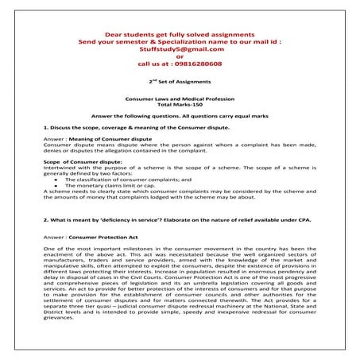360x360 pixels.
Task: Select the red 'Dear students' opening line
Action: click(180, 32)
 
